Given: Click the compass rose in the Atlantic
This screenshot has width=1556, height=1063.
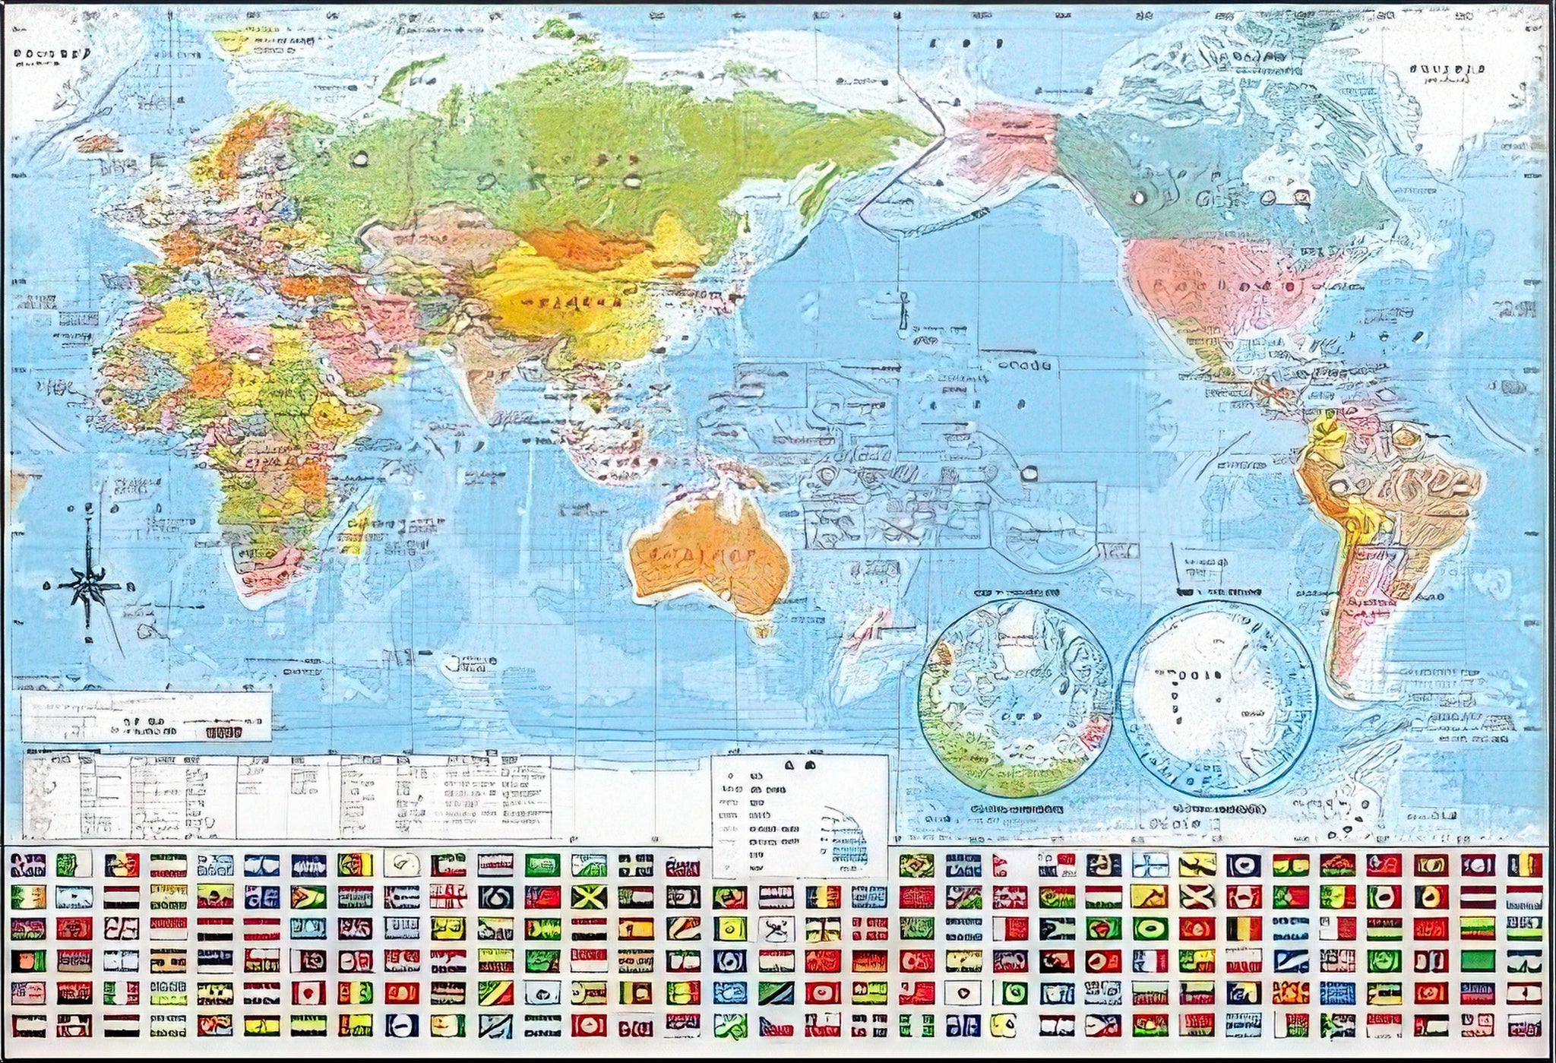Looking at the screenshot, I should coord(90,585).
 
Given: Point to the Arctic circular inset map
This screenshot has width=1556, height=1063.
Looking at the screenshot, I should coord(1015,698).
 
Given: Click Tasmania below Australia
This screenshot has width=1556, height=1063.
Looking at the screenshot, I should coord(762,629).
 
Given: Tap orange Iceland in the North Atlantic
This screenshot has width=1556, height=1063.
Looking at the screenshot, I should coord(97,142).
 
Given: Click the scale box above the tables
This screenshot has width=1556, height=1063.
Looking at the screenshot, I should coord(146,716).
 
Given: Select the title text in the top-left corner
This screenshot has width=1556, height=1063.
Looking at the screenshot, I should coord(52,55).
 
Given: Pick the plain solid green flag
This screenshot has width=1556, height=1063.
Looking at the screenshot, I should coord(1477,960).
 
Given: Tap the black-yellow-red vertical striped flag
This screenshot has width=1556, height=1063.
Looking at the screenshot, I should coord(1243,928).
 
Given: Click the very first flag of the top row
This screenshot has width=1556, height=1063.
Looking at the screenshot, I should coord(28,865).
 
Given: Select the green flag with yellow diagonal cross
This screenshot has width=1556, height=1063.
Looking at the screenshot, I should coord(588,897).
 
